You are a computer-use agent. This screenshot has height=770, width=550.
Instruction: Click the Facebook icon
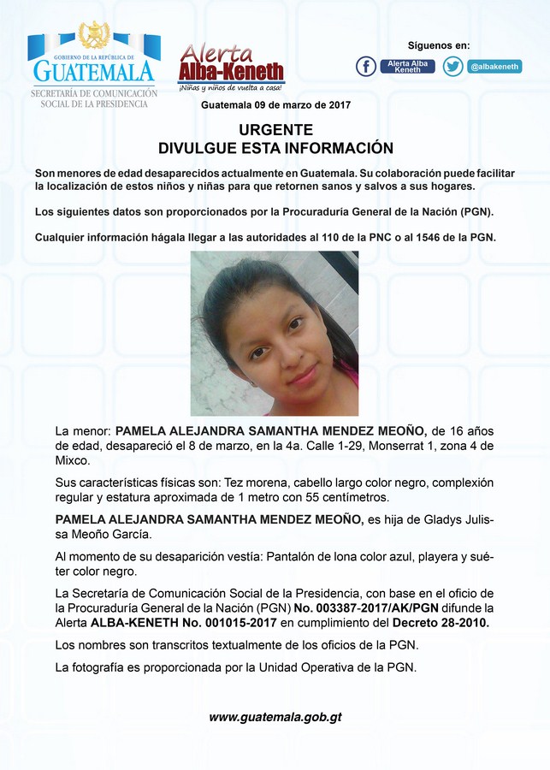pos(366,66)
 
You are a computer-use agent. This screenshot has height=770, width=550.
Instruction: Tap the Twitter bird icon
pos(453,66)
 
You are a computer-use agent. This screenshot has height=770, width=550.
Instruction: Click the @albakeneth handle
pos(494,66)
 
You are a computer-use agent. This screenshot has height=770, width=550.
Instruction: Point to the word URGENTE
pos(275,130)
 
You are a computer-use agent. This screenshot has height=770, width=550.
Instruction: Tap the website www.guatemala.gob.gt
pos(275,717)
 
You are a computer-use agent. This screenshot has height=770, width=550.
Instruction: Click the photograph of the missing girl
pos(275,334)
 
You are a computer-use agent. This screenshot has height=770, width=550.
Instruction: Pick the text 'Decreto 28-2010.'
pos(441,622)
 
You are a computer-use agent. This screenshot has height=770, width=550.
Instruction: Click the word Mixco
pos(71,460)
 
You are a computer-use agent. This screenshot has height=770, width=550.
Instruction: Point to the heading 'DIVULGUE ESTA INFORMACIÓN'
pos(275,148)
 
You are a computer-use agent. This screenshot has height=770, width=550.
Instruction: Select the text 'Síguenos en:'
pos(438,45)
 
